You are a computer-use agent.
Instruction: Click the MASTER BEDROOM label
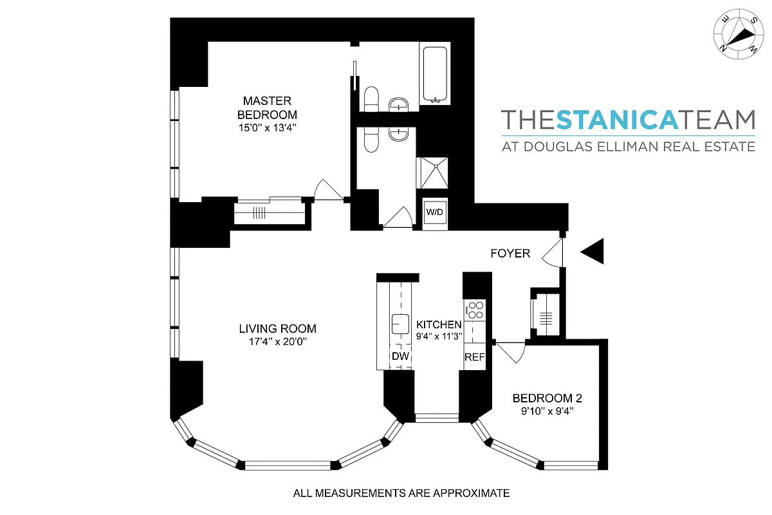pyautogui.click(x=267, y=108)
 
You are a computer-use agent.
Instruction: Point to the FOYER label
pyautogui.click(x=510, y=254)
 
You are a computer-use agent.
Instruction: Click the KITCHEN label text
pyautogui.click(x=439, y=324)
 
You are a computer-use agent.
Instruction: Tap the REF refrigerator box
pyautogui.click(x=474, y=357)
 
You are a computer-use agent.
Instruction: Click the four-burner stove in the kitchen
pyautogui.click(x=475, y=310)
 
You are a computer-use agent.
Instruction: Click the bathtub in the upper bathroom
pyautogui.click(x=436, y=73)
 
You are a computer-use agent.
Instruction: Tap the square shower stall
pyautogui.click(x=436, y=173)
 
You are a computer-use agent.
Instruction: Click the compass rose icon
pyautogui.click(x=737, y=35)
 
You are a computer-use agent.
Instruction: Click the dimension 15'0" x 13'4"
pyautogui.click(x=267, y=127)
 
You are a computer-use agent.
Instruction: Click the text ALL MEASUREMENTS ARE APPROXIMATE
pyautogui.click(x=401, y=494)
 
